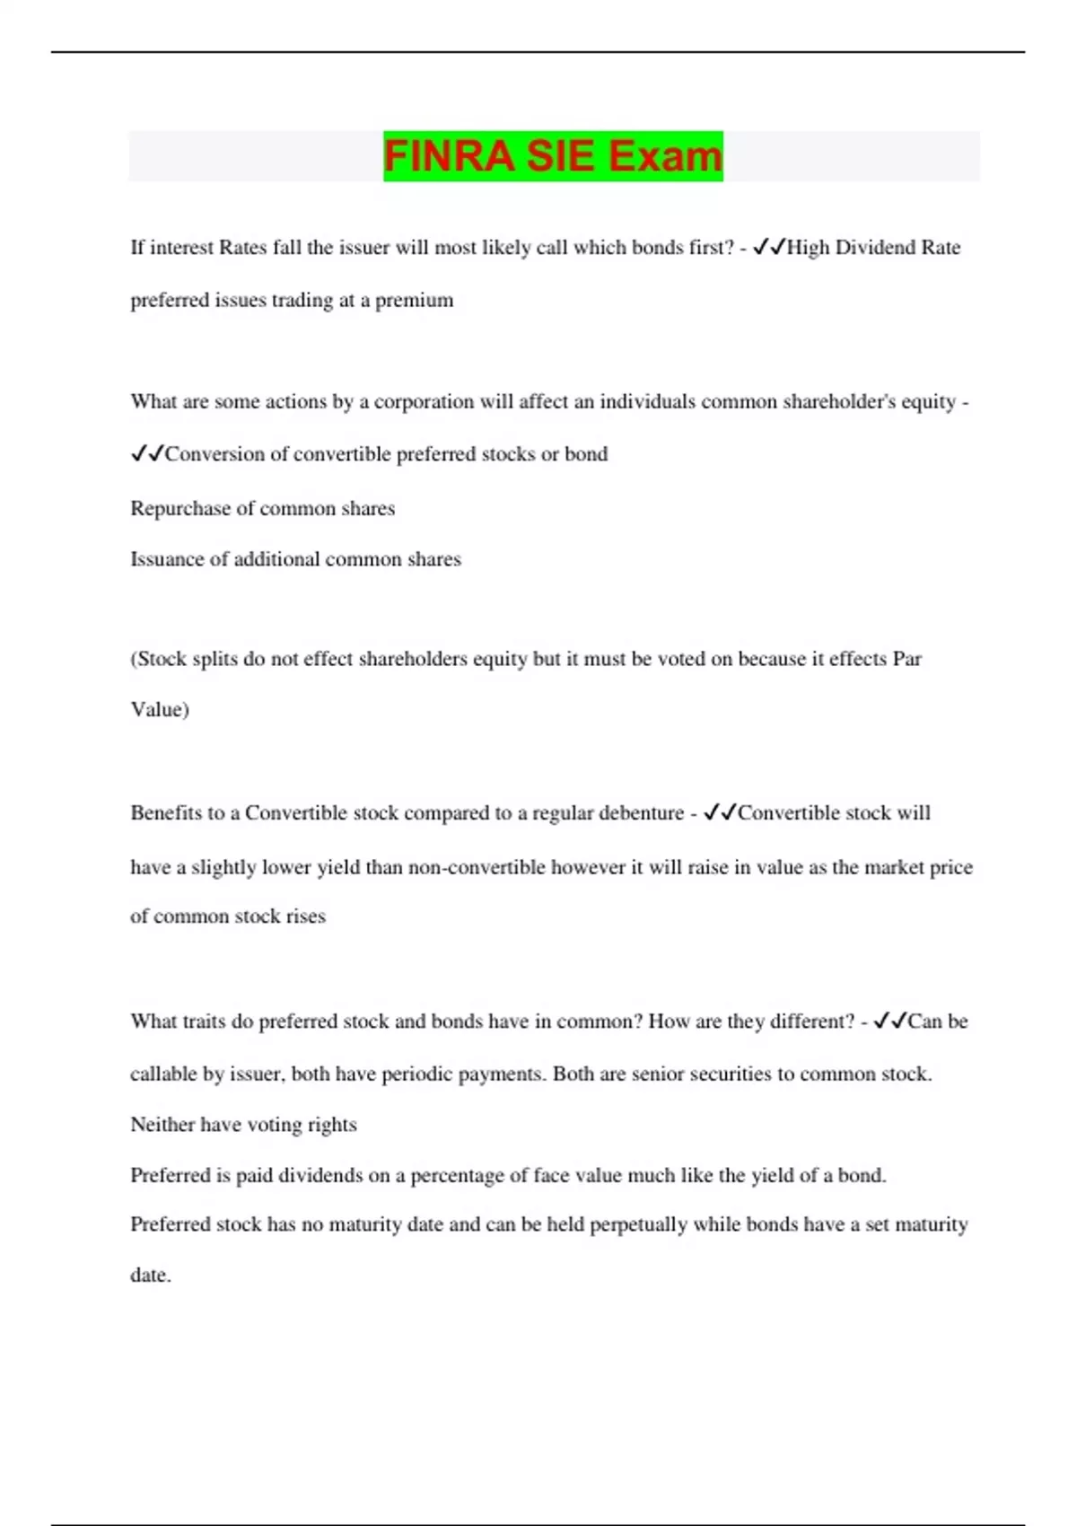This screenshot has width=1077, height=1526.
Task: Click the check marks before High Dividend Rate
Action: [769, 247]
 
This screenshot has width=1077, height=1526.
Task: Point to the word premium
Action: [414, 300]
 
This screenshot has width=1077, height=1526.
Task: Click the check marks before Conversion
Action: [147, 454]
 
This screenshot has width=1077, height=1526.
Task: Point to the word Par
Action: [906, 659]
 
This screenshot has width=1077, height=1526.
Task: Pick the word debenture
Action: [639, 813]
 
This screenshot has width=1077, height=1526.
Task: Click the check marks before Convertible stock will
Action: [720, 812]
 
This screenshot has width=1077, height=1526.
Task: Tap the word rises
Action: [305, 916]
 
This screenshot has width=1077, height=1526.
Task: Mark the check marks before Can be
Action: [890, 1021]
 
